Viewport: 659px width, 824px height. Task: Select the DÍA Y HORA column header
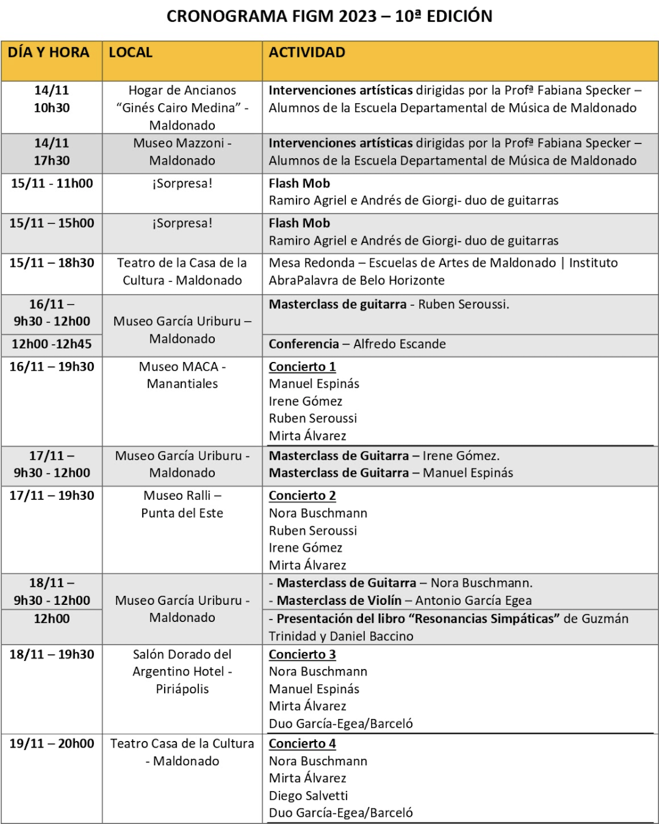tap(48, 53)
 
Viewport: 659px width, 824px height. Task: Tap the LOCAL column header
tap(131, 53)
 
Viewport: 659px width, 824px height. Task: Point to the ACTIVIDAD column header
tap(307, 53)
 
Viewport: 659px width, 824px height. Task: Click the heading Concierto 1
tap(302, 367)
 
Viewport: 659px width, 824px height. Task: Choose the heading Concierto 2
tap(302, 496)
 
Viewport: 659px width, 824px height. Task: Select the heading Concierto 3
tap(302, 655)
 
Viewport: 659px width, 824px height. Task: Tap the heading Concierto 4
tap(302, 744)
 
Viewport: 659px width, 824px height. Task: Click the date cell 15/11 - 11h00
tap(52, 183)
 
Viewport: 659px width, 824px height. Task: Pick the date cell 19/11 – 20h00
tap(52, 744)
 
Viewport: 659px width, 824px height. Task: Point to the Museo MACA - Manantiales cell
tap(182, 375)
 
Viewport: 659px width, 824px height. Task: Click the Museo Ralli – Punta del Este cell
tap(182, 504)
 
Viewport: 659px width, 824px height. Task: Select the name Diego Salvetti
tap(308, 796)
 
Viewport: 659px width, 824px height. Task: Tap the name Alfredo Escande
tap(399, 344)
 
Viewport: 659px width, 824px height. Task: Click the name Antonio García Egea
tap(473, 601)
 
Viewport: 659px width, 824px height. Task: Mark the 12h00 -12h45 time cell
tap(52, 344)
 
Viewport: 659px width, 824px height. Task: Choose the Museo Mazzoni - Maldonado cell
tap(182, 152)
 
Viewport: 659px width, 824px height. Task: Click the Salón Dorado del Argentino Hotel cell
tap(182, 671)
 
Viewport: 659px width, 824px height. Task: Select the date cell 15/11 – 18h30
tap(52, 263)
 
